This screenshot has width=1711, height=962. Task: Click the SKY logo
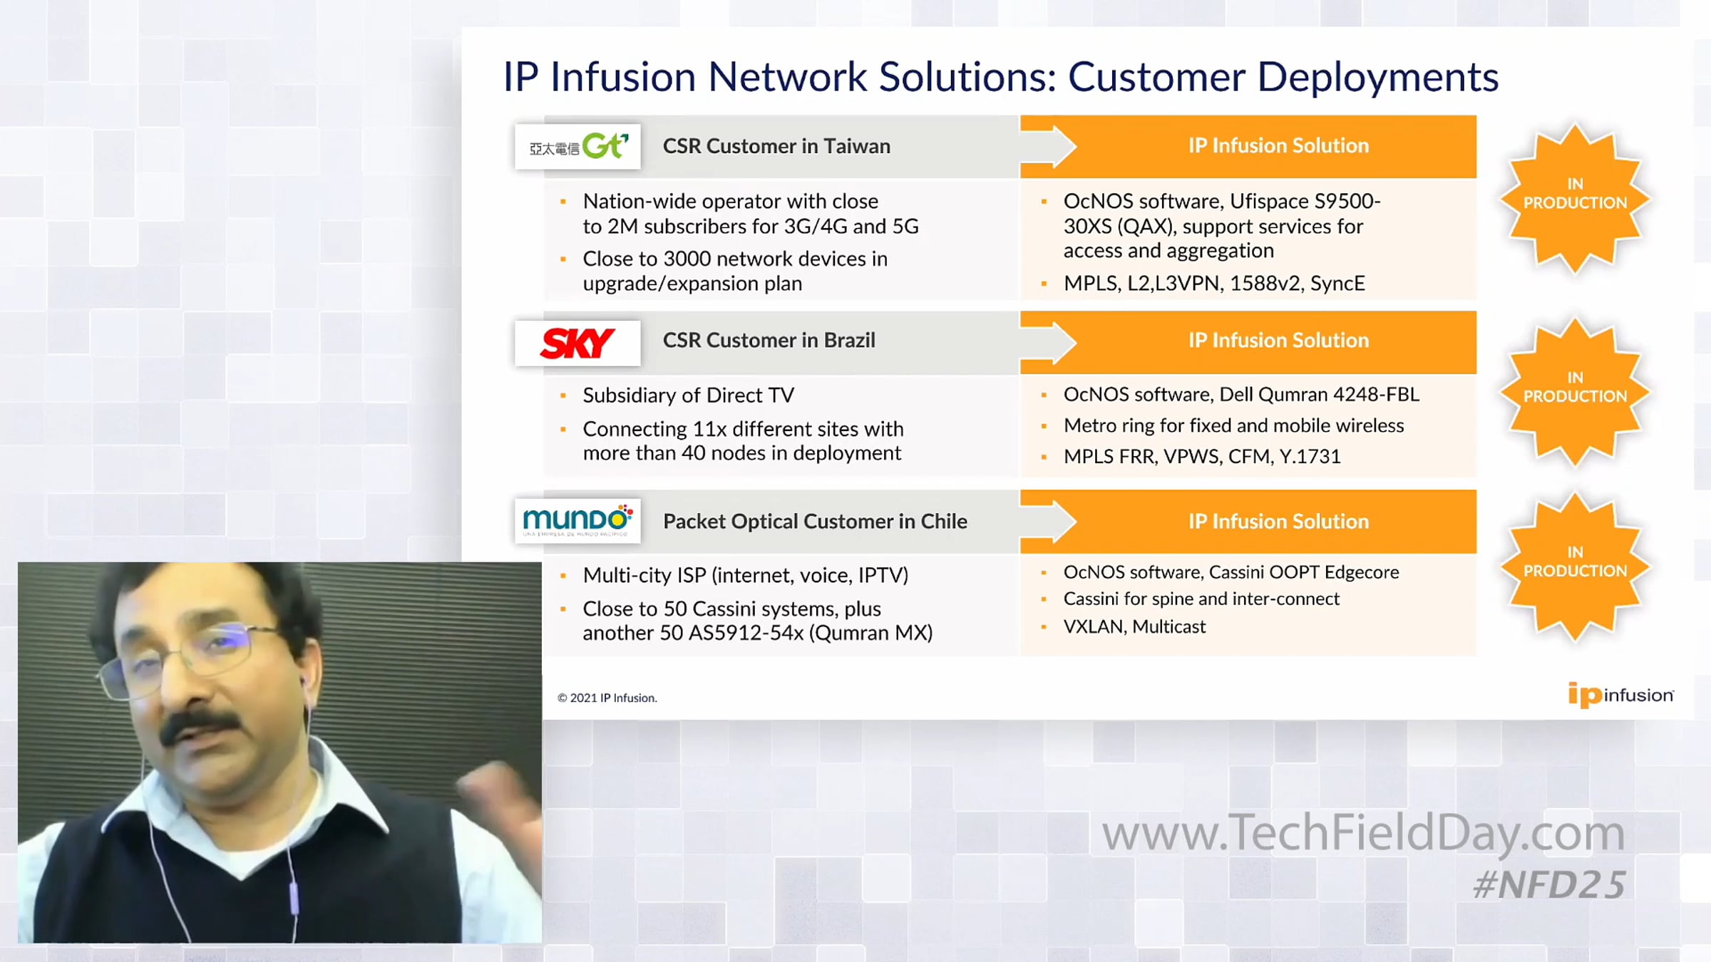point(577,343)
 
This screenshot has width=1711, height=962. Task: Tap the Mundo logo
point(577,520)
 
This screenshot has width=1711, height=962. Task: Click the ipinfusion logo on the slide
point(1620,695)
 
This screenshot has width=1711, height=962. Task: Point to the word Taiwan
point(857,146)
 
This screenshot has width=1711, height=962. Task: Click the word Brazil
point(850,340)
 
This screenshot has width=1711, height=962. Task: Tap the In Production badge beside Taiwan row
point(1575,198)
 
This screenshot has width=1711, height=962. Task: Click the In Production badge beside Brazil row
point(1575,392)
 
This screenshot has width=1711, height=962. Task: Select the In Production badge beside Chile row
point(1575,567)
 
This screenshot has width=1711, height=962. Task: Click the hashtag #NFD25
point(1549,885)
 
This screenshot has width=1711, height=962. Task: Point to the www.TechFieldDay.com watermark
point(1363,833)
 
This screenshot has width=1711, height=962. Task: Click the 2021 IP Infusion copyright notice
point(607,698)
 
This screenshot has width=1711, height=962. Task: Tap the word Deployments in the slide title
point(1377,78)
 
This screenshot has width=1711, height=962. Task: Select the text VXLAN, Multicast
point(1134,626)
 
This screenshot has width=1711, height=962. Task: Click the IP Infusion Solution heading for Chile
point(1278,521)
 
